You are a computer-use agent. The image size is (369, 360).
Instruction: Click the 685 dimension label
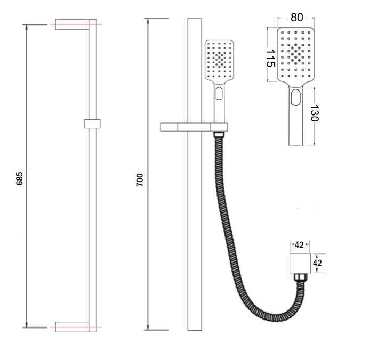20,178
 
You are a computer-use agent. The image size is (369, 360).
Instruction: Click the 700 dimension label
140,180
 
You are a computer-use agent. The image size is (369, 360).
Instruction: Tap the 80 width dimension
297,18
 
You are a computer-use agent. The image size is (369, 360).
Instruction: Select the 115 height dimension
270,58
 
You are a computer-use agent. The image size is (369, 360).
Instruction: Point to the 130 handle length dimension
314,113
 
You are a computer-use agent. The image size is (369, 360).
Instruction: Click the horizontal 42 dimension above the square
299,245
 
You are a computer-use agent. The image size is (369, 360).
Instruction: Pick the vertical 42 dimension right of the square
317,263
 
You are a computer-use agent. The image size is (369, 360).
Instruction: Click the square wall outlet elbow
300,264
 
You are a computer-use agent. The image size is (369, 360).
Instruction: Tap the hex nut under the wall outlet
300,277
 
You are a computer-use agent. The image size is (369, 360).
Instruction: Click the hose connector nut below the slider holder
219,134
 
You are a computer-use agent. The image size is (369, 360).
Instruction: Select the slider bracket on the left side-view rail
92,124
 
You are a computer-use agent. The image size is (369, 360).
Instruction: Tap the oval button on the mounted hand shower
219,93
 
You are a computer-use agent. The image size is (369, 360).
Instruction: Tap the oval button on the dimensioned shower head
296,97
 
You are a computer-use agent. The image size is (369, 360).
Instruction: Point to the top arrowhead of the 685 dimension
26,27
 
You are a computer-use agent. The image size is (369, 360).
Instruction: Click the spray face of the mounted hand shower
219,60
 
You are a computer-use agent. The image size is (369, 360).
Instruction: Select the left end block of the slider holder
169,127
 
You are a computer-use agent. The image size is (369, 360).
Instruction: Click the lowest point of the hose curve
277,320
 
